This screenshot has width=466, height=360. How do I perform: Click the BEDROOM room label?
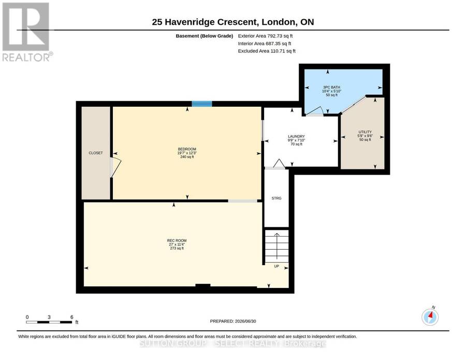coord(187,149)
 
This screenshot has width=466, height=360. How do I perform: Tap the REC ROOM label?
coord(177,240)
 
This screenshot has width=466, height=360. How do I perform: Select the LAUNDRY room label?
coord(296,136)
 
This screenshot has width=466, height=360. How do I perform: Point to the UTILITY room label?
coord(365,132)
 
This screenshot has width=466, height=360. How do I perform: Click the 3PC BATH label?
coord(332,88)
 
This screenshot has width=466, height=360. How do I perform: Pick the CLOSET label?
coord(96,153)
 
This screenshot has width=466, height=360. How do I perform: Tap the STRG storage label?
coord(276,198)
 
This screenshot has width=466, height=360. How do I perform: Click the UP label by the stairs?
coord(276,266)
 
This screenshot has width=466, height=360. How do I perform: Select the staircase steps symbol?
coord(276,246)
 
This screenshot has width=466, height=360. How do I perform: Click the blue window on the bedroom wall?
coord(202,104)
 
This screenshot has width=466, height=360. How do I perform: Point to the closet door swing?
coord(115,168)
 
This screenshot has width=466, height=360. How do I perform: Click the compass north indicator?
coord(430,316)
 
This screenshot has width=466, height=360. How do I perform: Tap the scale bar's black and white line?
coord(49,322)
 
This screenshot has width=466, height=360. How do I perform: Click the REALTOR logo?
coord(27,32)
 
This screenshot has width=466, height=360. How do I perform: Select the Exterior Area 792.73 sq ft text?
coord(266,36)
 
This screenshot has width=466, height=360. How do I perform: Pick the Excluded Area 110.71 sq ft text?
coord(267,51)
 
